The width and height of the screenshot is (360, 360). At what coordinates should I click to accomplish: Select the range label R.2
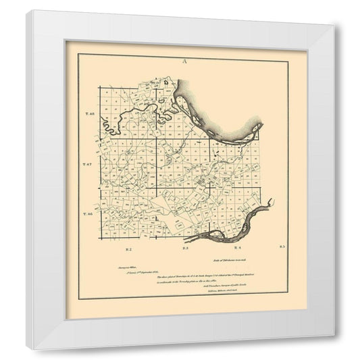(127, 249)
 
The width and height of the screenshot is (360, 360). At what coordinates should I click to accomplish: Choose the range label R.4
(238, 249)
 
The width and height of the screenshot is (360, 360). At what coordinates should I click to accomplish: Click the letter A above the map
(184, 61)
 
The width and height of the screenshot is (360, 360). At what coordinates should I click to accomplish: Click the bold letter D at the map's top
(165, 82)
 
